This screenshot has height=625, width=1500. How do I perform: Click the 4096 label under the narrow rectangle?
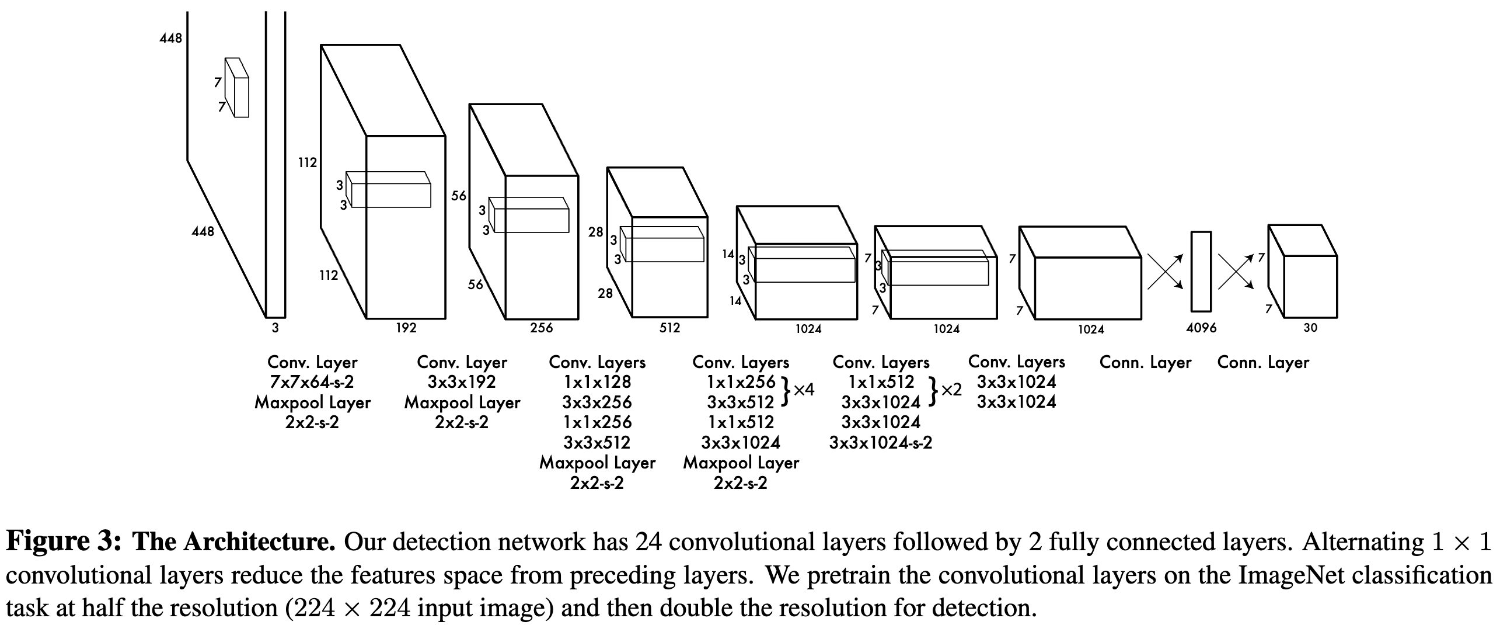(1201, 328)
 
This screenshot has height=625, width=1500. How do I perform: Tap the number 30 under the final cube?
(1310, 328)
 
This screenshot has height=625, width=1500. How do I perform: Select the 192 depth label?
(406, 328)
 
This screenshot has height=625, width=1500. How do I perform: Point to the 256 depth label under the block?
(541, 328)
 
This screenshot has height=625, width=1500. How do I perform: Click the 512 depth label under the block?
(669, 328)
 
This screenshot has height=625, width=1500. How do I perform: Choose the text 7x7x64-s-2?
(312, 382)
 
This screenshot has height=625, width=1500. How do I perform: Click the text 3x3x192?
(462, 382)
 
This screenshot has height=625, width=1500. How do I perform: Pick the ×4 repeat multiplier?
(804, 390)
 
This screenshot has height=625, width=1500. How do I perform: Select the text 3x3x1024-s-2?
(881, 443)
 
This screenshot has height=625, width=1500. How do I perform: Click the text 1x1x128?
(597, 382)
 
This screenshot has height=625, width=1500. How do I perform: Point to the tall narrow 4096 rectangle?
(1201, 271)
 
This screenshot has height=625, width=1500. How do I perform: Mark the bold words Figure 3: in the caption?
(64, 542)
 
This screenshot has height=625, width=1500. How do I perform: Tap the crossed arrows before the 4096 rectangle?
(1165, 272)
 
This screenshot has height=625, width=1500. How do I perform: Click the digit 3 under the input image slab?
(275, 328)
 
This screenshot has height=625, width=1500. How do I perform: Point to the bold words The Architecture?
(234, 542)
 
